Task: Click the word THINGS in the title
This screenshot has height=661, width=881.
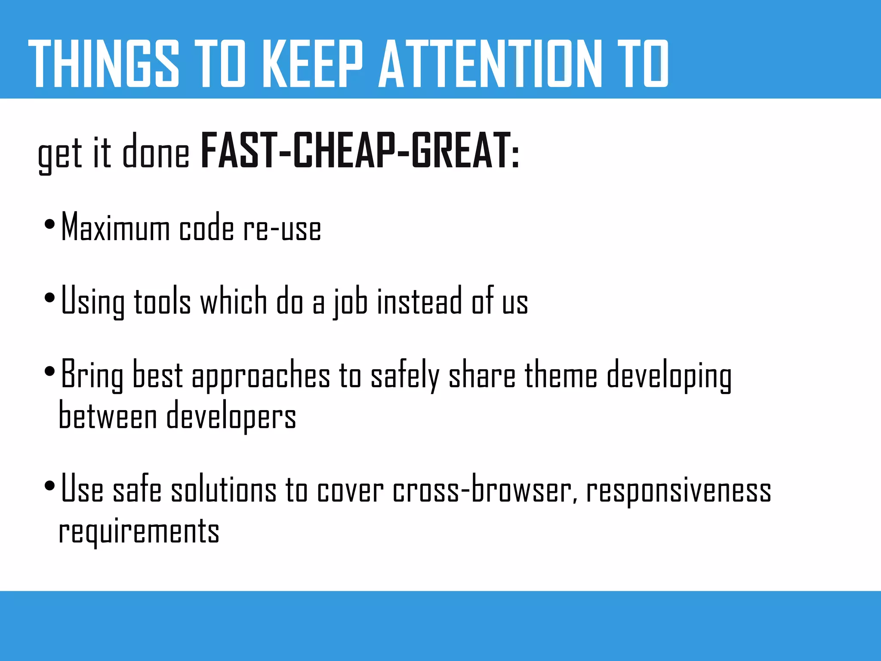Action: coord(103,64)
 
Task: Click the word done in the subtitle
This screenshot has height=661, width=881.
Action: coord(156,153)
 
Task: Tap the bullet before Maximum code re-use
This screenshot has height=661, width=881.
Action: coord(50,224)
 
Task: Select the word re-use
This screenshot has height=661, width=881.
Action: coord(282,229)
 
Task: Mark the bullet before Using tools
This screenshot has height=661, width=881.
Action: coord(50,298)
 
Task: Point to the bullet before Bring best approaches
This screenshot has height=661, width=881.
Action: coord(50,371)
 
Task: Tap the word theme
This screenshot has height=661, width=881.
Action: coord(561,374)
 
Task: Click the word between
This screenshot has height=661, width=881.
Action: coord(108,415)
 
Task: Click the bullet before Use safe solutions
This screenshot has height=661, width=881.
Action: coord(50,486)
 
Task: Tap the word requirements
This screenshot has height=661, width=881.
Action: coord(139,531)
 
